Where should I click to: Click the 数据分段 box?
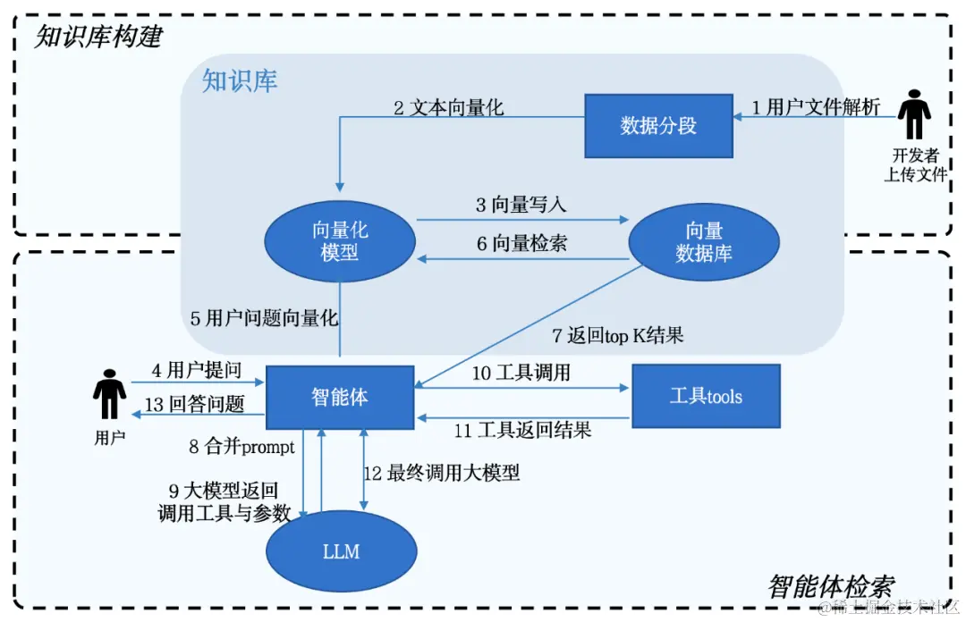click(x=658, y=125)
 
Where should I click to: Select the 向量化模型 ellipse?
click(x=339, y=241)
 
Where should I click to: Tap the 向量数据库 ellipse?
click(x=704, y=241)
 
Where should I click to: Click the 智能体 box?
click(x=340, y=396)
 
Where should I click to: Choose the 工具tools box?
click(x=706, y=396)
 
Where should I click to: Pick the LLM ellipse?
click(x=341, y=551)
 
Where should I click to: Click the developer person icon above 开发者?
click(x=914, y=113)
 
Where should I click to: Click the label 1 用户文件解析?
click(x=816, y=108)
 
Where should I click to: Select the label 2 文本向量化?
click(x=449, y=108)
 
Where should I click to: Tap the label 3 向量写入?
click(x=521, y=205)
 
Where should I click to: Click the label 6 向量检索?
click(x=521, y=243)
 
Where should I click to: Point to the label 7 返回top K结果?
click(x=618, y=336)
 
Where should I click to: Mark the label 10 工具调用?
click(x=521, y=373)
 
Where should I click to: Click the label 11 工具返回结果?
click(x=523, y=431)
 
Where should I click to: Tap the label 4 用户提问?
click(x=197, y=369)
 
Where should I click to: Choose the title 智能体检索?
click(x=831, y=587)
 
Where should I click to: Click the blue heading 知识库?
click(x=240, y=80)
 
